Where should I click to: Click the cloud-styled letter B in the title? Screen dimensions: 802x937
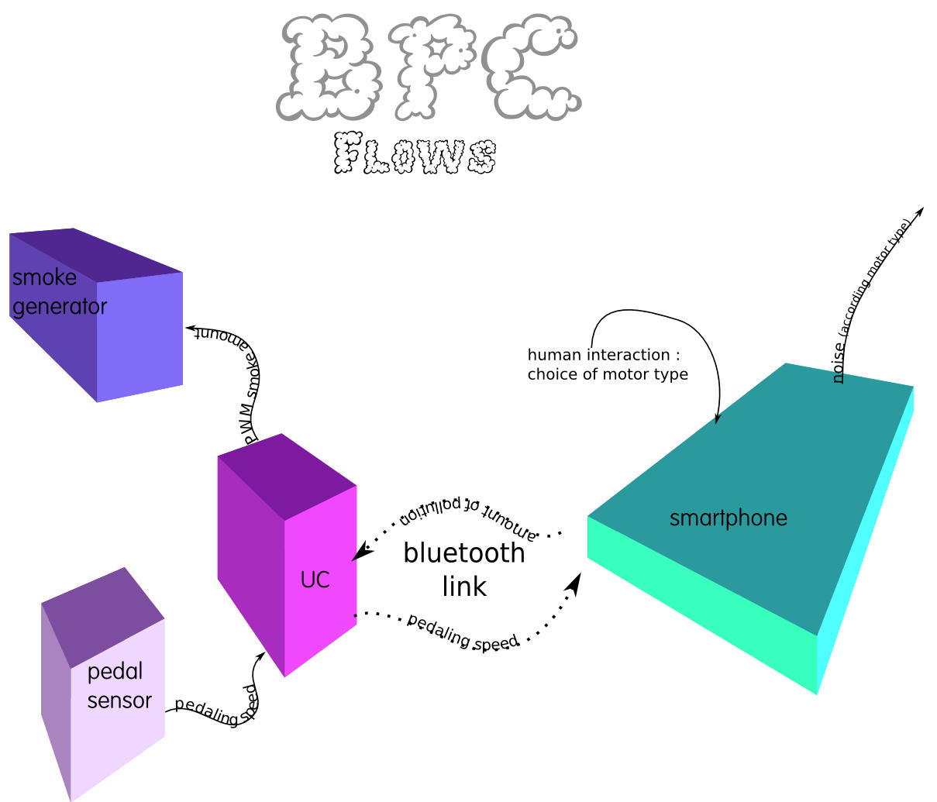tap(329, 70)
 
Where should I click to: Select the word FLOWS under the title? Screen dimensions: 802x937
tap(415, 154)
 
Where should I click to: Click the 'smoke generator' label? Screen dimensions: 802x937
tap(58, 292)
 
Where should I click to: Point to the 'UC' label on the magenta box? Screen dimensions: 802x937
tap(315, 580)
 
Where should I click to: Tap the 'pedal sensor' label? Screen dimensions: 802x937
tap(119, 686)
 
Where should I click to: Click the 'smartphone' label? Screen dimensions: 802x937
tap(728, 518)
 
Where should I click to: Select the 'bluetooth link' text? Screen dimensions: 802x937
tap(464, 570)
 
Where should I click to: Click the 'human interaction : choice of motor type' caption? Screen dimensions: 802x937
tap(607, 364)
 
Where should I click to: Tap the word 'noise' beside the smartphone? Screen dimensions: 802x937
tap(839, 367)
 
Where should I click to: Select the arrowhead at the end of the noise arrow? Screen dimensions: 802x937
tap(920, 211)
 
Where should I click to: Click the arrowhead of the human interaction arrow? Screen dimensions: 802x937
tap(717, 418)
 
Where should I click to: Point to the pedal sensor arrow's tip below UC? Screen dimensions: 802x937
tap(260, 658)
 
